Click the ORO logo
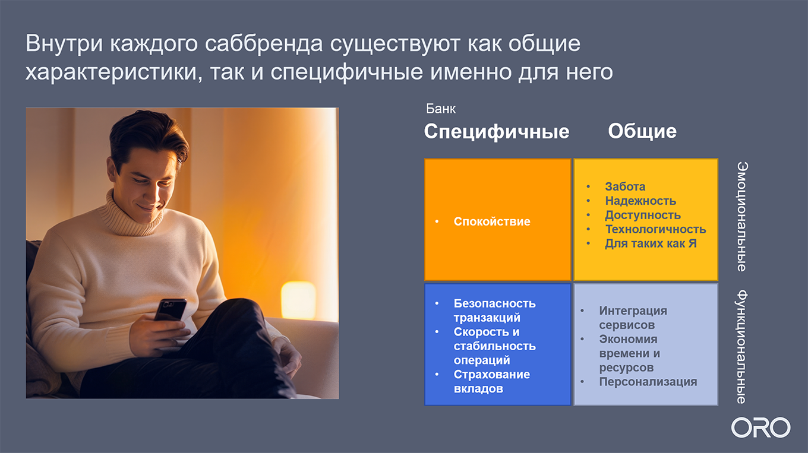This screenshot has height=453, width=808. coord(760,427)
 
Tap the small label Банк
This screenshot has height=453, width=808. coord(440,109)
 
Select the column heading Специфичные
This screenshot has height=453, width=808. coord(496,131)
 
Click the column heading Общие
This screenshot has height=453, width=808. coord(642,131)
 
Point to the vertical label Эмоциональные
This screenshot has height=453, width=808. coord(742,217)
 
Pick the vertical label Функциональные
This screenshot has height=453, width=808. coord(742,347)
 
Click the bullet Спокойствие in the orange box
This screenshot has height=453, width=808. coord(491,221)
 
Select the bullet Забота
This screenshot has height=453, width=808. coord(625,186)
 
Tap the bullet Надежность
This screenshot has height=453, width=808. coord(640,201)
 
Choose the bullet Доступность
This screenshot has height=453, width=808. coord(643,215)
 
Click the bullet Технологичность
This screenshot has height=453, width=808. coord(655,229)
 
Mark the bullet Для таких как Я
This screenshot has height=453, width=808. coord(651,243)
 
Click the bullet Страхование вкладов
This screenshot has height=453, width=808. coord(491,382)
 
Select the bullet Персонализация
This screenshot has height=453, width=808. coord(648,382)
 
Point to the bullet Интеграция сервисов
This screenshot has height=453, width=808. coord(633,318)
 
